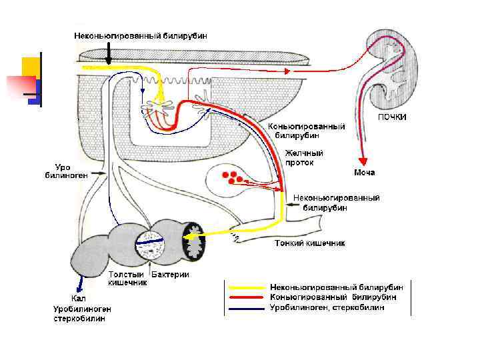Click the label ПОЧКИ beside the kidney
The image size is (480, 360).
[393, 117]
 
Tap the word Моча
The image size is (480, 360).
[364, 173]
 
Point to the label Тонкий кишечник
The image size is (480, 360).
[310, 243]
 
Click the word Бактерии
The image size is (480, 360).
[171, 275]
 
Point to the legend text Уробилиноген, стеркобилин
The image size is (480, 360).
[327, 307]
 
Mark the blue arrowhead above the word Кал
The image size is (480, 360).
[81, 289]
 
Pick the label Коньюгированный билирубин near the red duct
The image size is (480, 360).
[306, 130]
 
